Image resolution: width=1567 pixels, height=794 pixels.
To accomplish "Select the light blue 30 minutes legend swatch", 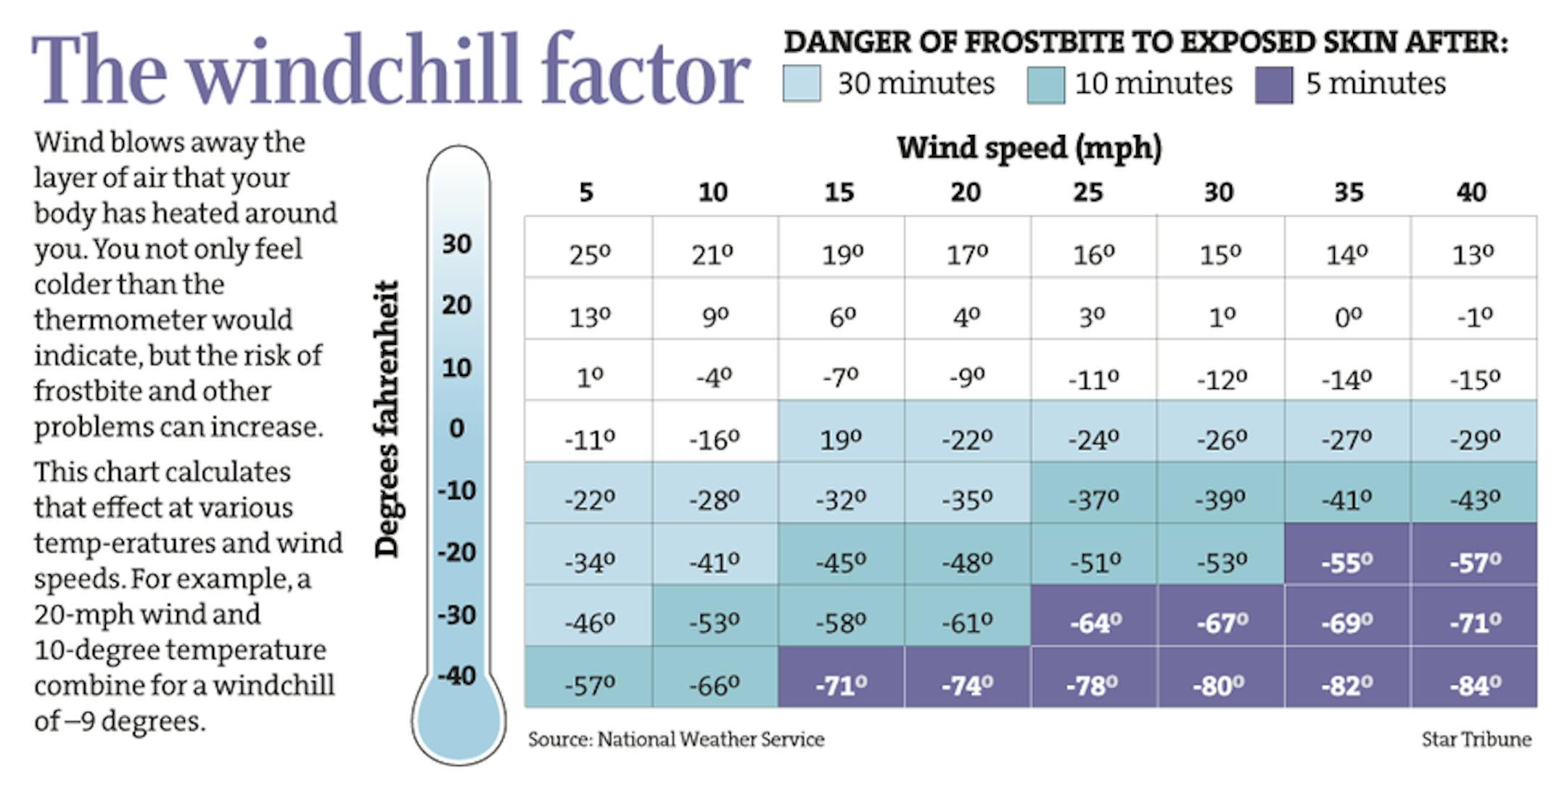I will tap(802, 83).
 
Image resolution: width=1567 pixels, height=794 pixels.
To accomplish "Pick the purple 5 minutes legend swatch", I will tap(1274, 84).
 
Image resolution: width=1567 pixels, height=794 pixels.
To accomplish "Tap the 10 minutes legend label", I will tap(1153, 83).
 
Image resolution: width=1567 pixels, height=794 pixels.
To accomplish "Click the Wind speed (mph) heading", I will tap(1029, 147).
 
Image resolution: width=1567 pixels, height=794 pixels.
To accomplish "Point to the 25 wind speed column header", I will tap(1088, 192).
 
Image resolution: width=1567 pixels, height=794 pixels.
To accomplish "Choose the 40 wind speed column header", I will tap(1471, 192).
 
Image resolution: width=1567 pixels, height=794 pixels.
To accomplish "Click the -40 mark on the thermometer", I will tap(456, 676).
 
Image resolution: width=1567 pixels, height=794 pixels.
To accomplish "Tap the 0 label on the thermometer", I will tap(456, 428).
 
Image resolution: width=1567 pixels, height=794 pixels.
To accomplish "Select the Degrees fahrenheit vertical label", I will tap(387, 419).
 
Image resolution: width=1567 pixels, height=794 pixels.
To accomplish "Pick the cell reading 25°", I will tap(589, 254).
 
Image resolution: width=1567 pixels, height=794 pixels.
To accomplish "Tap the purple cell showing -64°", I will tap(1094, 623).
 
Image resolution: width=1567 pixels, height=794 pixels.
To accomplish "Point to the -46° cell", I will tap(589, 623).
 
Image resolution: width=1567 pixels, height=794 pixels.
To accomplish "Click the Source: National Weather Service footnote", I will tap(676, 740).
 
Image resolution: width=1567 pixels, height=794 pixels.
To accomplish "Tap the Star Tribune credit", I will tap(1476, 740).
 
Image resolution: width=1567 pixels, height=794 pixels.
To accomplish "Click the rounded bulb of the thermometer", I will tap(458, 722).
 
